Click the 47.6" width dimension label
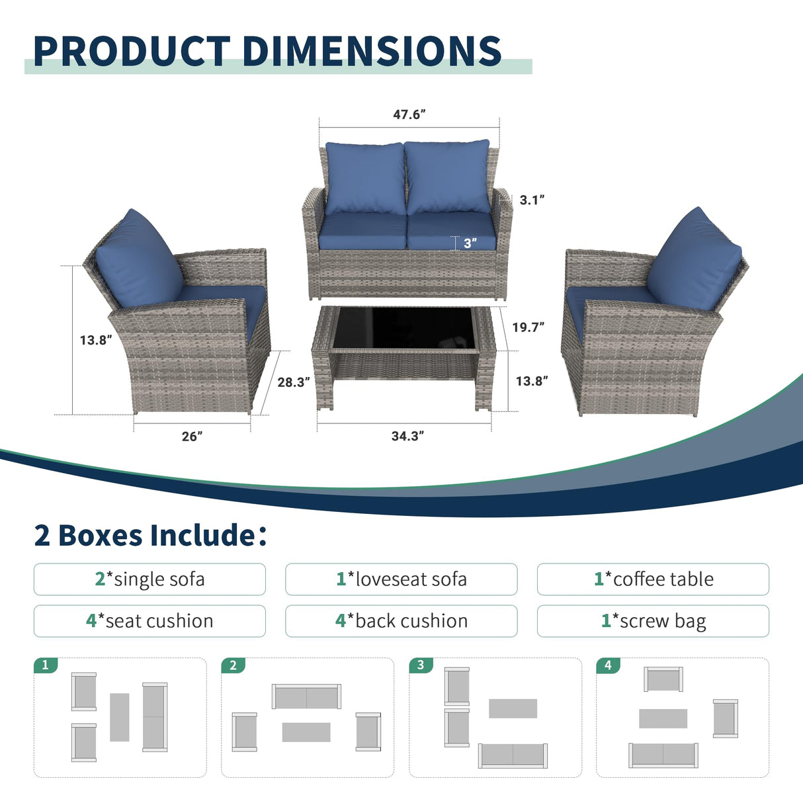coord(409,114)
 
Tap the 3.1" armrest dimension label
coord(531,200)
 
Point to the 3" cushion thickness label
coord(470,243)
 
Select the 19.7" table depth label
coord(528,327)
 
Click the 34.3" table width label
coord(407,436)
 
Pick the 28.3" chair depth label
coord(293,382)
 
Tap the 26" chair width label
coord(192,437)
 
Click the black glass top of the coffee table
coord(403,329)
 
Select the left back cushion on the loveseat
coord(365,177)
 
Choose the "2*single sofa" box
coord(149,579)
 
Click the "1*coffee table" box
coord(653,579)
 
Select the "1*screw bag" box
coord(653,621)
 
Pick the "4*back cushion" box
coord(401,621)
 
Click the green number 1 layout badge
coord(46,665)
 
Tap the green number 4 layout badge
coord(608,665)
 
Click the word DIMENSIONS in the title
coord(372,51)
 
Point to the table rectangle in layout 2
coord(306,732)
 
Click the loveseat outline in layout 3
coord(513,755)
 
